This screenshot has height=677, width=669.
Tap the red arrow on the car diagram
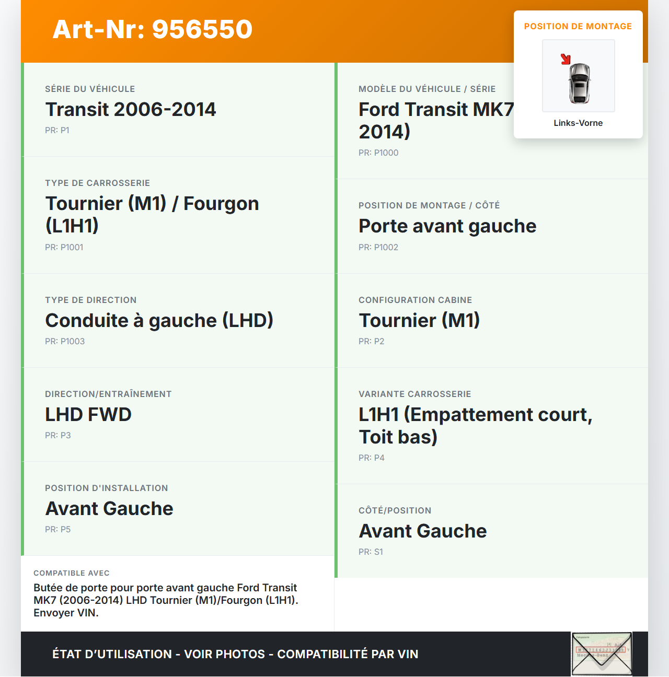[566, 59]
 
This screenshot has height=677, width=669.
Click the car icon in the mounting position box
[579, 83]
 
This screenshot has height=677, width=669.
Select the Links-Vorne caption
[578, 123]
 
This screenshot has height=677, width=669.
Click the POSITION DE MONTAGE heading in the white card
[578, 27]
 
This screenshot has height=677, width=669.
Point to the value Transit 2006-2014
[130, 110]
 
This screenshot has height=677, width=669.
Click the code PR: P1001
[64, 248]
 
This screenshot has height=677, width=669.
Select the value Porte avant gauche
[447, 226]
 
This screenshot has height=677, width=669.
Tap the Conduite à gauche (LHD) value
[159, 321]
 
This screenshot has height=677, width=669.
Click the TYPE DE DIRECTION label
[90, 300]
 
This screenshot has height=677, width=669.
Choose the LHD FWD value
[88, 415]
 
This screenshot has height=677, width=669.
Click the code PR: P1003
[64, 342]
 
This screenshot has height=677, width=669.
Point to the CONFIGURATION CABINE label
[415, 300]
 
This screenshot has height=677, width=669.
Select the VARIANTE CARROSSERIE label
[414, 394]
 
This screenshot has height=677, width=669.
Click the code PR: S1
[371, 552]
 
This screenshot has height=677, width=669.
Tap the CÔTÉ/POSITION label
[395, 511]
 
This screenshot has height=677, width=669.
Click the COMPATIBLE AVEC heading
[72, 574]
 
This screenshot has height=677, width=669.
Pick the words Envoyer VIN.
[66, 613]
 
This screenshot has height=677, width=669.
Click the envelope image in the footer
[602, 654]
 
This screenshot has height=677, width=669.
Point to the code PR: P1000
[378, 153]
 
